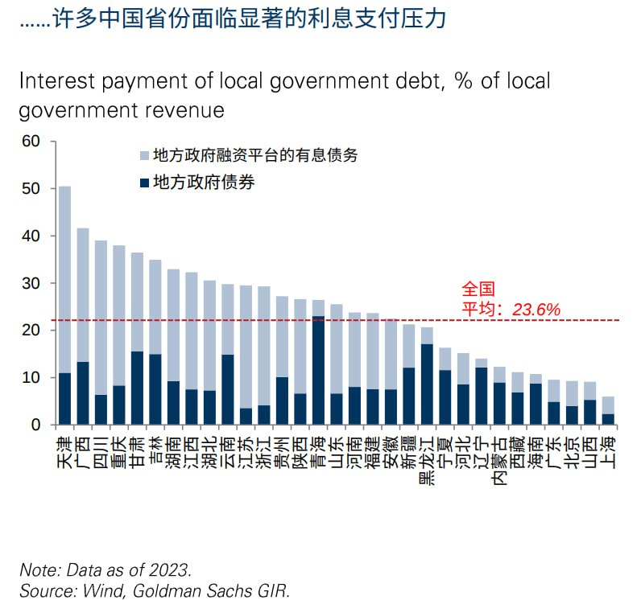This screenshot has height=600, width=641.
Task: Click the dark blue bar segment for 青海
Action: click(318, 370)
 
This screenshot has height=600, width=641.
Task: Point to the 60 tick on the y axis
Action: click(31, 142)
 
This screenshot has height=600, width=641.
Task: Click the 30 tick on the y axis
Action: click(31, 283)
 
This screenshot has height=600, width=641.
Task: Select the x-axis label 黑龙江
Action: click(427, 458)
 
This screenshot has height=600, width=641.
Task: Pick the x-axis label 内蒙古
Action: click(499, 458)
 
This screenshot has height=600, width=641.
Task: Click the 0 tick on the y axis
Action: click(36, 425)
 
